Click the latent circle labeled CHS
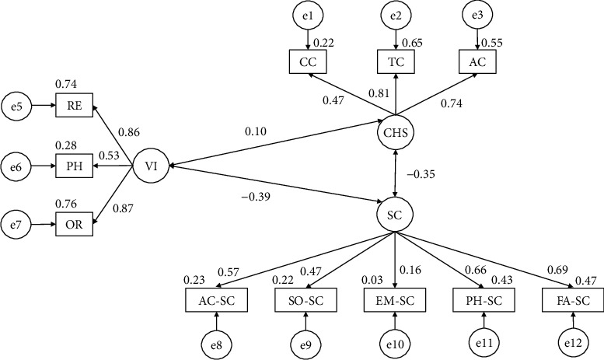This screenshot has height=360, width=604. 395,133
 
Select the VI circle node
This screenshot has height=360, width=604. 151,166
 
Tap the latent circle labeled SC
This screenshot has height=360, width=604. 395,215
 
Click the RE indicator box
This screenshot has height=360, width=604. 75,105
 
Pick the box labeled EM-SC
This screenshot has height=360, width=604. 395,300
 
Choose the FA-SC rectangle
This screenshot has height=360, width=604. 572,300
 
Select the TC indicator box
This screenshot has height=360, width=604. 396,61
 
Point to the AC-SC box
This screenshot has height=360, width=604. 216,300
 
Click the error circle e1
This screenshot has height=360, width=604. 307,16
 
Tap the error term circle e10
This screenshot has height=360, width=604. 395,344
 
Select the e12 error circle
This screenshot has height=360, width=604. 574,344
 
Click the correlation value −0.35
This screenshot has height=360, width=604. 421,174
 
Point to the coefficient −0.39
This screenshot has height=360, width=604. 256,197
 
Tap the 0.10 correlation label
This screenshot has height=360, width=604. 256,131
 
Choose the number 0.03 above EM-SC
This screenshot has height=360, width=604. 372,280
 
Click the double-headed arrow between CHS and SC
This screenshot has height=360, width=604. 395,173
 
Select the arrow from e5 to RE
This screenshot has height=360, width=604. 44,105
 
